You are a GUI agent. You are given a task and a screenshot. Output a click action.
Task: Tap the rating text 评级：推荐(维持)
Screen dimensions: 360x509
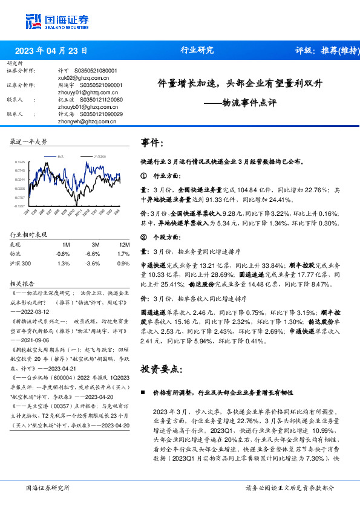(x=325, y=51)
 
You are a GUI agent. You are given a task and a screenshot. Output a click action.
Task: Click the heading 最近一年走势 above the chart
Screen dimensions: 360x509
(x=29, y=141)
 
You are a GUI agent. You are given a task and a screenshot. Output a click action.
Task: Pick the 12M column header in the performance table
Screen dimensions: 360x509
(x=123, y=244)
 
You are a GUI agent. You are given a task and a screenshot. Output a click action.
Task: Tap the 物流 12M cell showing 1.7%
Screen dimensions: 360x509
(x=123, y=254)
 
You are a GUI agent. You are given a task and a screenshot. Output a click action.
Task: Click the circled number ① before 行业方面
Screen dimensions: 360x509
(x=143, y=177)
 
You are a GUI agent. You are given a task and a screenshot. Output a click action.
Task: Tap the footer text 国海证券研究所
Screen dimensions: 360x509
(x=48, y=488)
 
